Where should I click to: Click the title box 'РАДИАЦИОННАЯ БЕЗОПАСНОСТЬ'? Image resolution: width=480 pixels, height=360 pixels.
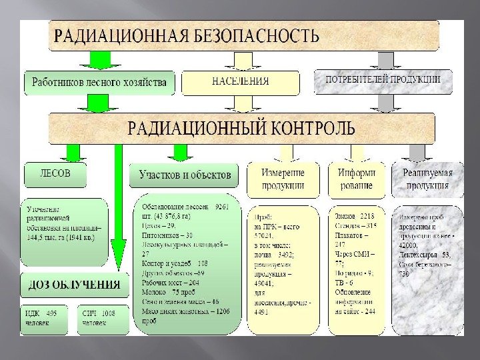point(243,35)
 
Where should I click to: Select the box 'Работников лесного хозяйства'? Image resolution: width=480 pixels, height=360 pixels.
point(100,83)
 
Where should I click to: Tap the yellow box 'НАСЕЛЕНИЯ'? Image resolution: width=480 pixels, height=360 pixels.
point(240,82)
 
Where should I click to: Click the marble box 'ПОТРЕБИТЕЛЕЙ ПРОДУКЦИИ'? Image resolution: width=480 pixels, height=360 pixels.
point(383,81)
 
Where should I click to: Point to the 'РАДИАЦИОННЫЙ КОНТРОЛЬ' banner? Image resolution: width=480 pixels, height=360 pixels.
point(241,127)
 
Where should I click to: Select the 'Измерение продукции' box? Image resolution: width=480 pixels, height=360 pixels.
point(283,179)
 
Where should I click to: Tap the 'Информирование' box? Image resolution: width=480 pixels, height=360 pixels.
point(356,179)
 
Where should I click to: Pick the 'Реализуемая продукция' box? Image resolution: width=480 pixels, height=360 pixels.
point(427,179)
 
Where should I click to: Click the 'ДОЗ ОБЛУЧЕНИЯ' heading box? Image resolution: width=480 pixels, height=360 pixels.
point(74,285)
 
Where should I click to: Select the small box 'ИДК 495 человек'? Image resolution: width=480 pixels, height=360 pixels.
point(44,320)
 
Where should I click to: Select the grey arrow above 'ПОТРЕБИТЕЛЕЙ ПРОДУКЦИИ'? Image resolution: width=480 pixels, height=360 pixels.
point(385,60)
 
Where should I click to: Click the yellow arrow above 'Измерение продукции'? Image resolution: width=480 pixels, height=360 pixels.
point(283,153)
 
